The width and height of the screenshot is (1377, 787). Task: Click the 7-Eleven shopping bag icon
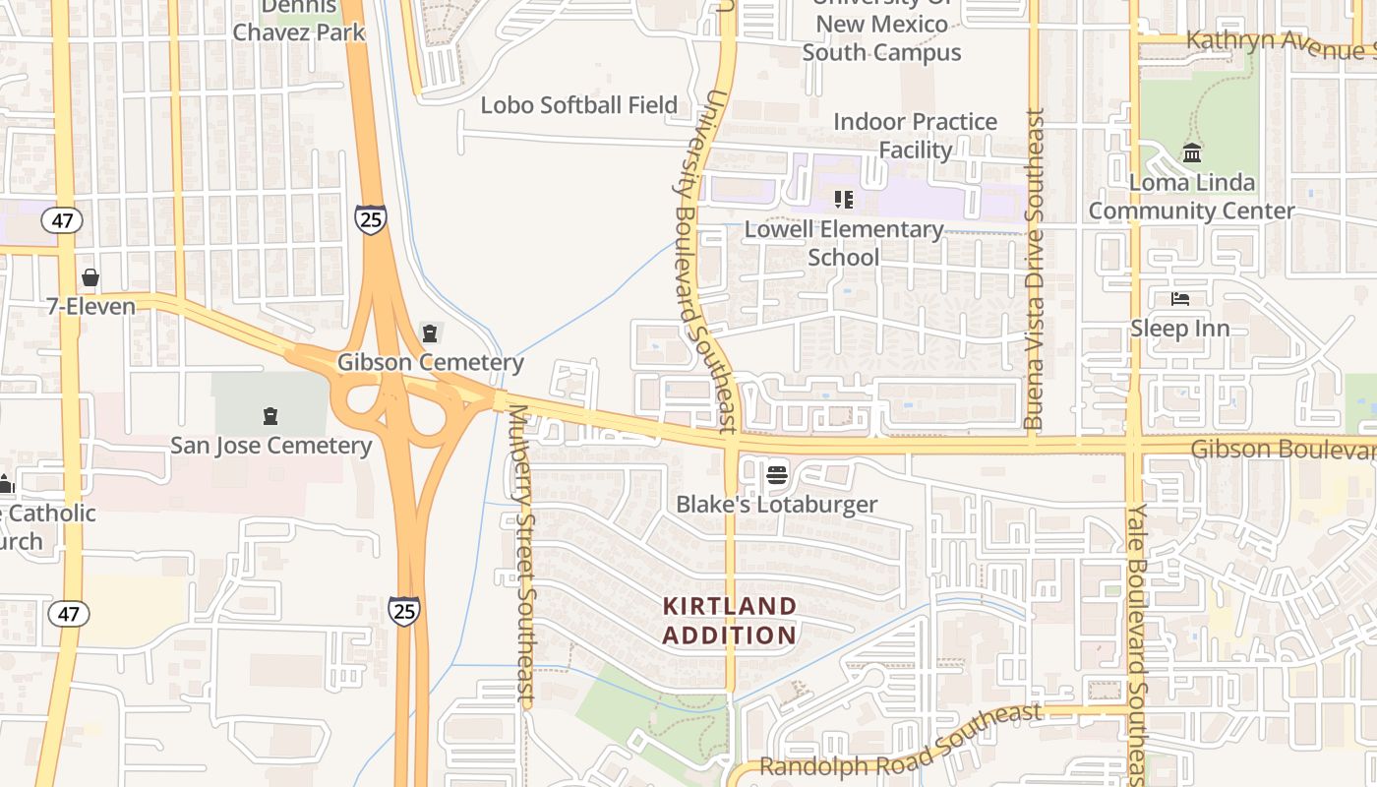tap(90, 278)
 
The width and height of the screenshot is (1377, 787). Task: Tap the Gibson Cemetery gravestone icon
tap(429, 334)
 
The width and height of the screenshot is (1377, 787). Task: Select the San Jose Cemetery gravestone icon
tap(270, 417)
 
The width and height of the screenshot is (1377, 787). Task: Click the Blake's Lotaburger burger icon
tap(777, 476)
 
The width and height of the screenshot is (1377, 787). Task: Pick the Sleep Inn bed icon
tap(1180, 299)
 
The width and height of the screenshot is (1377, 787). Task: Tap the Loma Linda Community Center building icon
tap(1192, 153)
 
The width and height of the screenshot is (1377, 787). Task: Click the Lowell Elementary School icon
tap(843, 200)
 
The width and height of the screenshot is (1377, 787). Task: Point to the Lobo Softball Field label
tap(578, 105)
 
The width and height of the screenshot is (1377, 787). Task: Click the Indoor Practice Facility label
tap(915, 136)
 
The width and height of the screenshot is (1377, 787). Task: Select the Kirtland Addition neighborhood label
tap(729, 621)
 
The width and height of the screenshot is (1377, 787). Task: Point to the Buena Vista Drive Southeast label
tap(1034, 269)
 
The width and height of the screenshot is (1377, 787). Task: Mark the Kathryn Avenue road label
tap(1279, 43)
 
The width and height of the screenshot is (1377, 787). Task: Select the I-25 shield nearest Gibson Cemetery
tap(371, 219)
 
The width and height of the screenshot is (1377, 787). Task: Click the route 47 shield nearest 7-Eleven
tap(63, 219)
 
